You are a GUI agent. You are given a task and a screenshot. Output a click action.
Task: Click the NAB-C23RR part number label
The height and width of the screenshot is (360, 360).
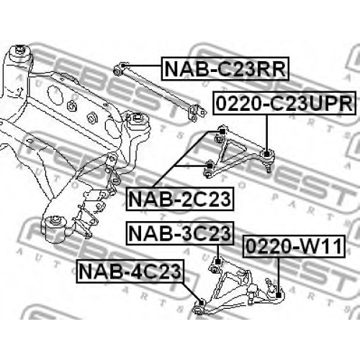[225, 68]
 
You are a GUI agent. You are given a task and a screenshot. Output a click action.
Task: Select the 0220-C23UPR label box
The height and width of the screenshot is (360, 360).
[284, 103]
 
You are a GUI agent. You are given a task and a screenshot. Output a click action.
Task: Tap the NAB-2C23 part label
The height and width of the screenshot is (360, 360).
[180, 199]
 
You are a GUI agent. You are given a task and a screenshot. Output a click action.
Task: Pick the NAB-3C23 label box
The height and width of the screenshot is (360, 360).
[180, 233]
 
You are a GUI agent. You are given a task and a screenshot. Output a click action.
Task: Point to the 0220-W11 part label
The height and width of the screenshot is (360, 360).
[294, 246]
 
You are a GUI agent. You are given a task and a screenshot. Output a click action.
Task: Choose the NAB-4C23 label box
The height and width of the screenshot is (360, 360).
[130, 271]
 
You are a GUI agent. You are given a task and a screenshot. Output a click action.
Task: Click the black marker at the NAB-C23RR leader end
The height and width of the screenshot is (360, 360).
[123, 66]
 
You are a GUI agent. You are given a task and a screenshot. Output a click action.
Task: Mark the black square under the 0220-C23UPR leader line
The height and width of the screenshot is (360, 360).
[266, 154]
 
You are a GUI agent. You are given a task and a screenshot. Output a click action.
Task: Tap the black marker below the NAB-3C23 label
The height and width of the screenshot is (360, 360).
[217, 262]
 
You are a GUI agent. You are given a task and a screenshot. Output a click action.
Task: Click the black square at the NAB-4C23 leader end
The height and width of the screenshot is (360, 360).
[202, 303]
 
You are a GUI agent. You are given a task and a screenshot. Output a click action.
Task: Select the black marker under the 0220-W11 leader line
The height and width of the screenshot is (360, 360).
[279, 295]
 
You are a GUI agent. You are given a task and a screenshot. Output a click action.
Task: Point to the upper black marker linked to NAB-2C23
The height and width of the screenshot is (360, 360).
[222, 132]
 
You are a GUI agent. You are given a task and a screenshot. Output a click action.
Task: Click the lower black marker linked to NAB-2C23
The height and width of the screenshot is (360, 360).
[210, 166]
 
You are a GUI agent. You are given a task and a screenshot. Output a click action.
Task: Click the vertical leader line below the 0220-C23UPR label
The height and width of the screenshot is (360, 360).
[266, 133]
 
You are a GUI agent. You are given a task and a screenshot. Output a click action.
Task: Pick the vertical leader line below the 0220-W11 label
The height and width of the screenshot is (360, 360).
[279, 275]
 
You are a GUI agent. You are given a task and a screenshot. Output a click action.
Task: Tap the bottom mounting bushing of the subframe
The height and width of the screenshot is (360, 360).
[55, 227]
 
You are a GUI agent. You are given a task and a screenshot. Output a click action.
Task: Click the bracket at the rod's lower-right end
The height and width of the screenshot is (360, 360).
[197, 112]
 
